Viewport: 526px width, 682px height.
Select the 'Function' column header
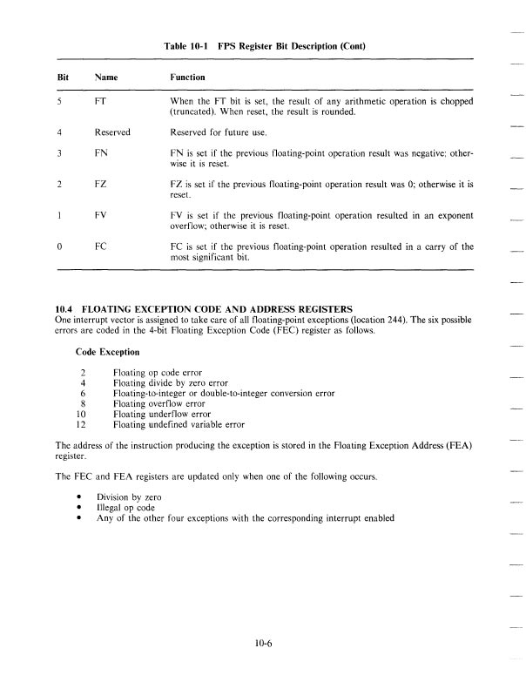point(188,78)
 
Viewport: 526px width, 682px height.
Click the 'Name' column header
point(106,78)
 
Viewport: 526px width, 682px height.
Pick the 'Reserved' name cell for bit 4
point(112,132)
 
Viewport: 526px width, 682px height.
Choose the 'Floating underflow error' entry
point(160,415)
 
